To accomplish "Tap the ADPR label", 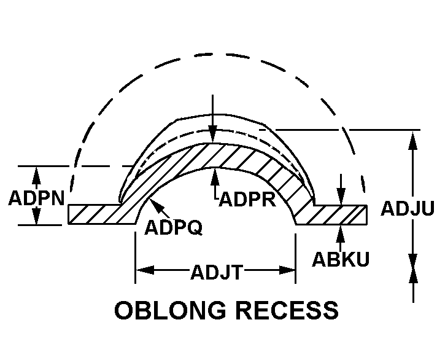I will [x=247, y=200].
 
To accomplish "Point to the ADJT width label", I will [x=215, y=270].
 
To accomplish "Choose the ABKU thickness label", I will [x=341, y=259].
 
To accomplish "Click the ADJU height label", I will [x=407, y=209].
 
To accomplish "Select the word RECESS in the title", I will [x=288, y=310].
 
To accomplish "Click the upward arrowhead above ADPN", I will [x=36, y=173].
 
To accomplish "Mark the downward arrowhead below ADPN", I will [x=36, y=217].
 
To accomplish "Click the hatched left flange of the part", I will [x=98, y=214].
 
